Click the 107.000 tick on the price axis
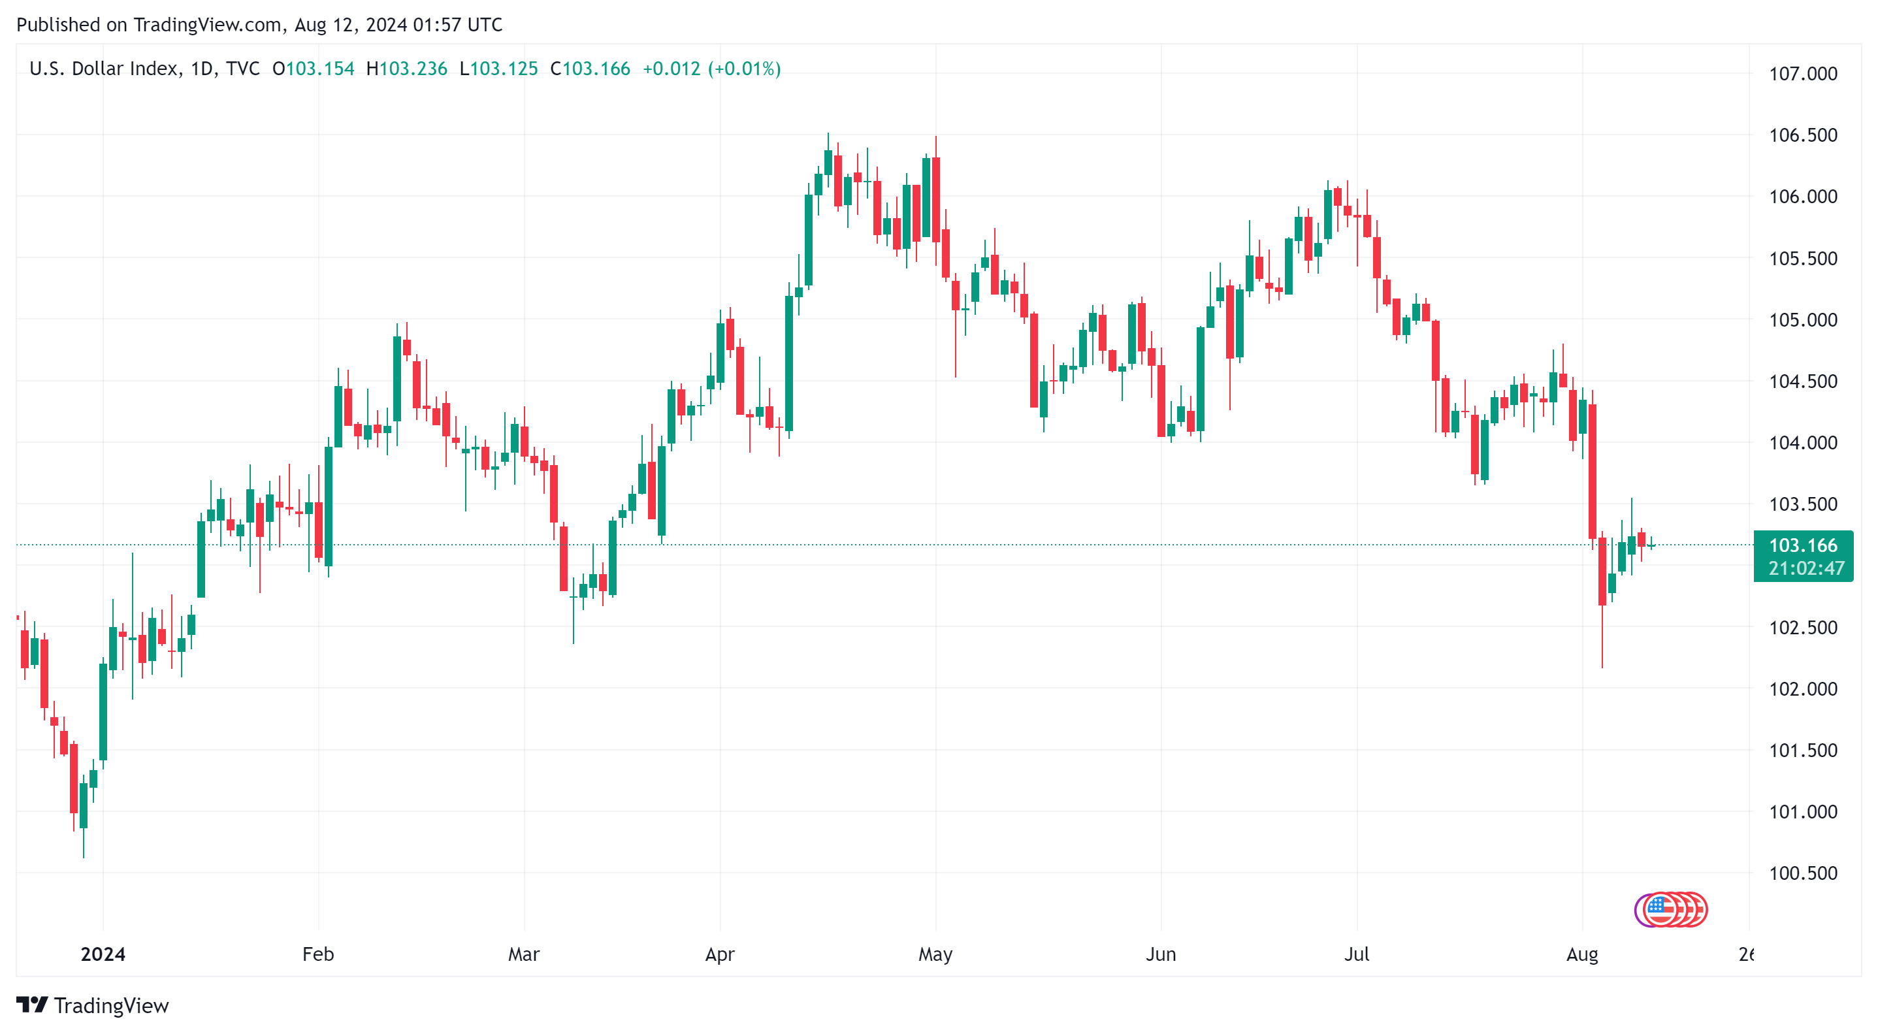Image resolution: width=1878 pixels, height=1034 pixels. pos(1802,74)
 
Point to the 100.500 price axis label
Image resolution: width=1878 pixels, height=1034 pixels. pos(1802,873)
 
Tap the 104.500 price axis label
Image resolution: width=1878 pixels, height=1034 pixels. pos(1802,381)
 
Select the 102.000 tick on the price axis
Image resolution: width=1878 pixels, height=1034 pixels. pos(1802,688)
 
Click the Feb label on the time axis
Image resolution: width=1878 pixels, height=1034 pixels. pos(318,954)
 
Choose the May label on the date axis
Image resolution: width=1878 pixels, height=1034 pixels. pos(935,954)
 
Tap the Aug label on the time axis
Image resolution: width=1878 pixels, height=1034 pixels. pos(1581,954)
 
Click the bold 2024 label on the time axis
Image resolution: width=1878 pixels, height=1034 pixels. pos(103,954)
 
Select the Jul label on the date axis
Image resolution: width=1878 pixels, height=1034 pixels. pos(1356,954)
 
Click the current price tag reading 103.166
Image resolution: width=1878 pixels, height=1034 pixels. pos(1802,545)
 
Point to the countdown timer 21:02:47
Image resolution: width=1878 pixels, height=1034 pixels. pos(1805,568)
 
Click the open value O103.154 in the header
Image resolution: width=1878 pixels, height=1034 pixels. pos(314,69)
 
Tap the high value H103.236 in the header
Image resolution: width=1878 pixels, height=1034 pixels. pos(407,69)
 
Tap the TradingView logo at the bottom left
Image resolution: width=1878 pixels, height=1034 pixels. pos(93,1005)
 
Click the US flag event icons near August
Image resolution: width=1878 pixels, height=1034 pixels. pos(1670,909)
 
